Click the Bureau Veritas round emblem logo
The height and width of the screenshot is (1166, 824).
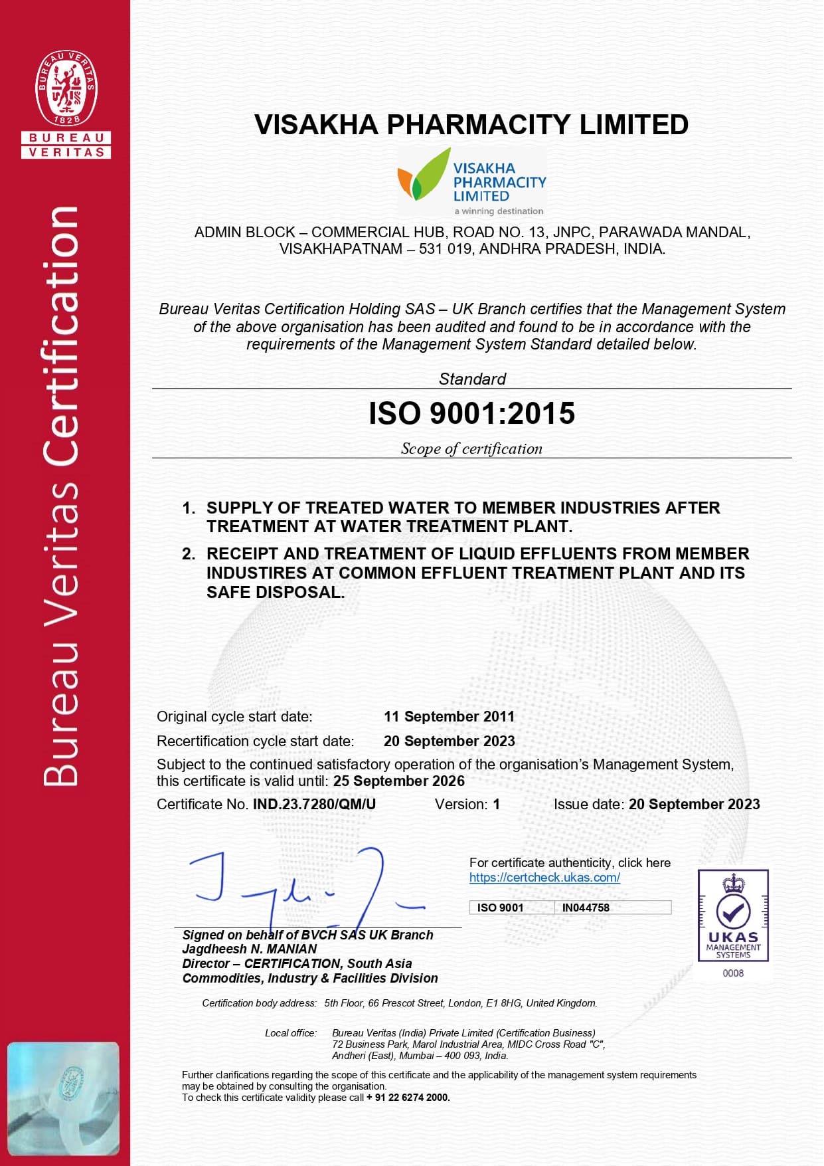[66, 88]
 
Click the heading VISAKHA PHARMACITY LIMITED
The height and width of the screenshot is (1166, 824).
[471, 125]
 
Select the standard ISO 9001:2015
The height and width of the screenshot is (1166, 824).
[471, 413]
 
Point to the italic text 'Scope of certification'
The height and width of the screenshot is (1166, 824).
[471, 449]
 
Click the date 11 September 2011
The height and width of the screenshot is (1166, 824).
[449, 717]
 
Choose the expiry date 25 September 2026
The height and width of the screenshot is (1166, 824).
[399, 781]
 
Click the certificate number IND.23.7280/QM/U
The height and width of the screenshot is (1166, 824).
[314, 805]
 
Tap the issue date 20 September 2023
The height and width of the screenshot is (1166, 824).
[694, 805]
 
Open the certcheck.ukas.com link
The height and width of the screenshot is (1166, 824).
[544, 878]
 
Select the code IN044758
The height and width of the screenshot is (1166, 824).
[586, 908]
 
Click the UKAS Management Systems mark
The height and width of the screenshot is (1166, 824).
[733, 916]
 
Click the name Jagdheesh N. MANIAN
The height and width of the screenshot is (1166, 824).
[250, 949]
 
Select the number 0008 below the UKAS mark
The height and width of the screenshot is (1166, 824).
[733, 973]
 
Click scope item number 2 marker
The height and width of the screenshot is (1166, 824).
[189, 554]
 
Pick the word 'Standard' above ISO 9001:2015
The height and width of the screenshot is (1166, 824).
[472, 379]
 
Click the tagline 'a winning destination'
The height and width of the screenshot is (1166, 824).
[499, 211]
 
